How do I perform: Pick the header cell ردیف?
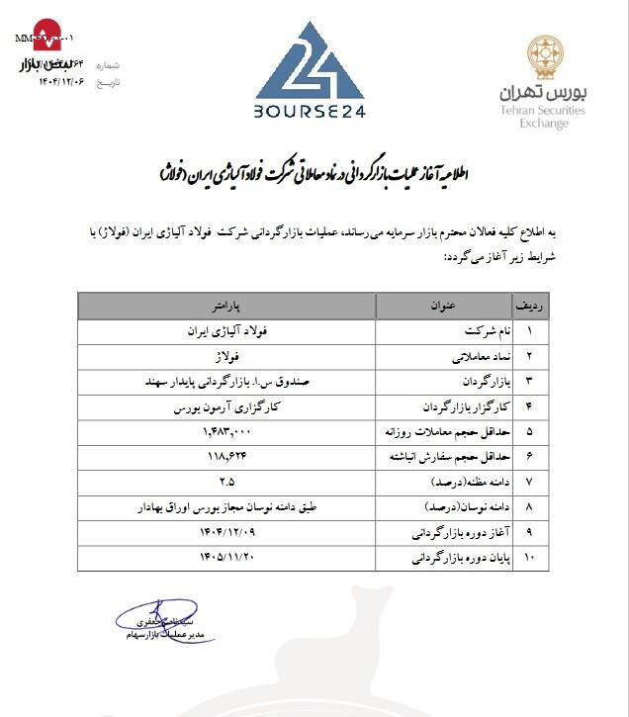(x=529, y=304)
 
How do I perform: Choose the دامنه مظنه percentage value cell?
(x=227, y=482)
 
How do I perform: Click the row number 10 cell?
(x=529, y=559)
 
